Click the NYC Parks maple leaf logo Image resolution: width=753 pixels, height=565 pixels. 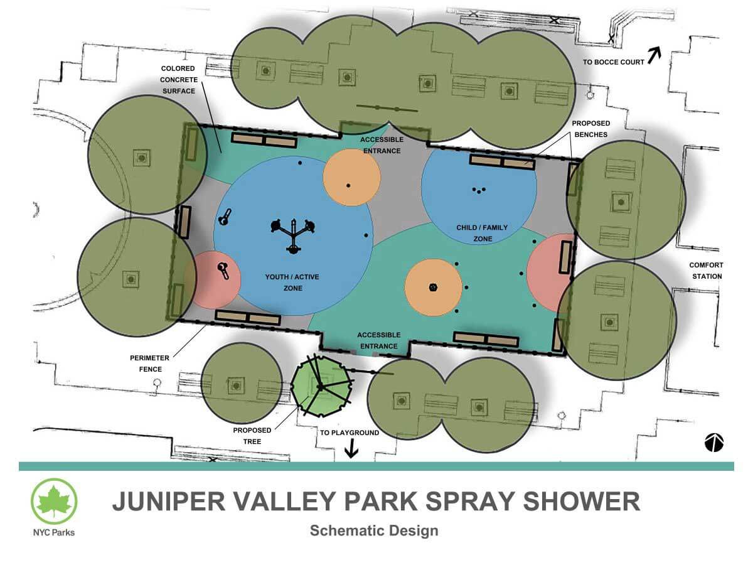[54, 501]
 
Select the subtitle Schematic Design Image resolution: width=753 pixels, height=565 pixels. [374, 530]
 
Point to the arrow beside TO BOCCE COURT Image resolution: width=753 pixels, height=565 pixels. [654, 55]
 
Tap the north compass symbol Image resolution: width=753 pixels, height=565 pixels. [714, 443]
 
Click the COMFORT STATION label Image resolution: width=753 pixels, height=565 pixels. [707, 271]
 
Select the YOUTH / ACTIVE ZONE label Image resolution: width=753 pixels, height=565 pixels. [292, 282]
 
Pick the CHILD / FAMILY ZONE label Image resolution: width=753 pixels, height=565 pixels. [482, 233]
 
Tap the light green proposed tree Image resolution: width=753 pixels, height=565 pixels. [321, 386]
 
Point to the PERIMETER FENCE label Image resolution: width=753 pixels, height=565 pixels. [149, 363]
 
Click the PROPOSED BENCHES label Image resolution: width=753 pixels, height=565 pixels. [590, 129]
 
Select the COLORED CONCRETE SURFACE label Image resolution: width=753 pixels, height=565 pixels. [179, 80]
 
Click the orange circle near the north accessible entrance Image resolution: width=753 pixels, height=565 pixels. [351, 178]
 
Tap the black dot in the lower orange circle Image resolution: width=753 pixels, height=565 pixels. [433, 287]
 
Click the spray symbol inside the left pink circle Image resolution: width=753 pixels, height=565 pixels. [223, 270]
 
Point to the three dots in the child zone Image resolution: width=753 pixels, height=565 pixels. [479, 190]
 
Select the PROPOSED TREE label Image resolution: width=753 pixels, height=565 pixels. [252, 436]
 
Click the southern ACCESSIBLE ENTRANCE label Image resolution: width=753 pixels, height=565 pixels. [379, 340]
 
